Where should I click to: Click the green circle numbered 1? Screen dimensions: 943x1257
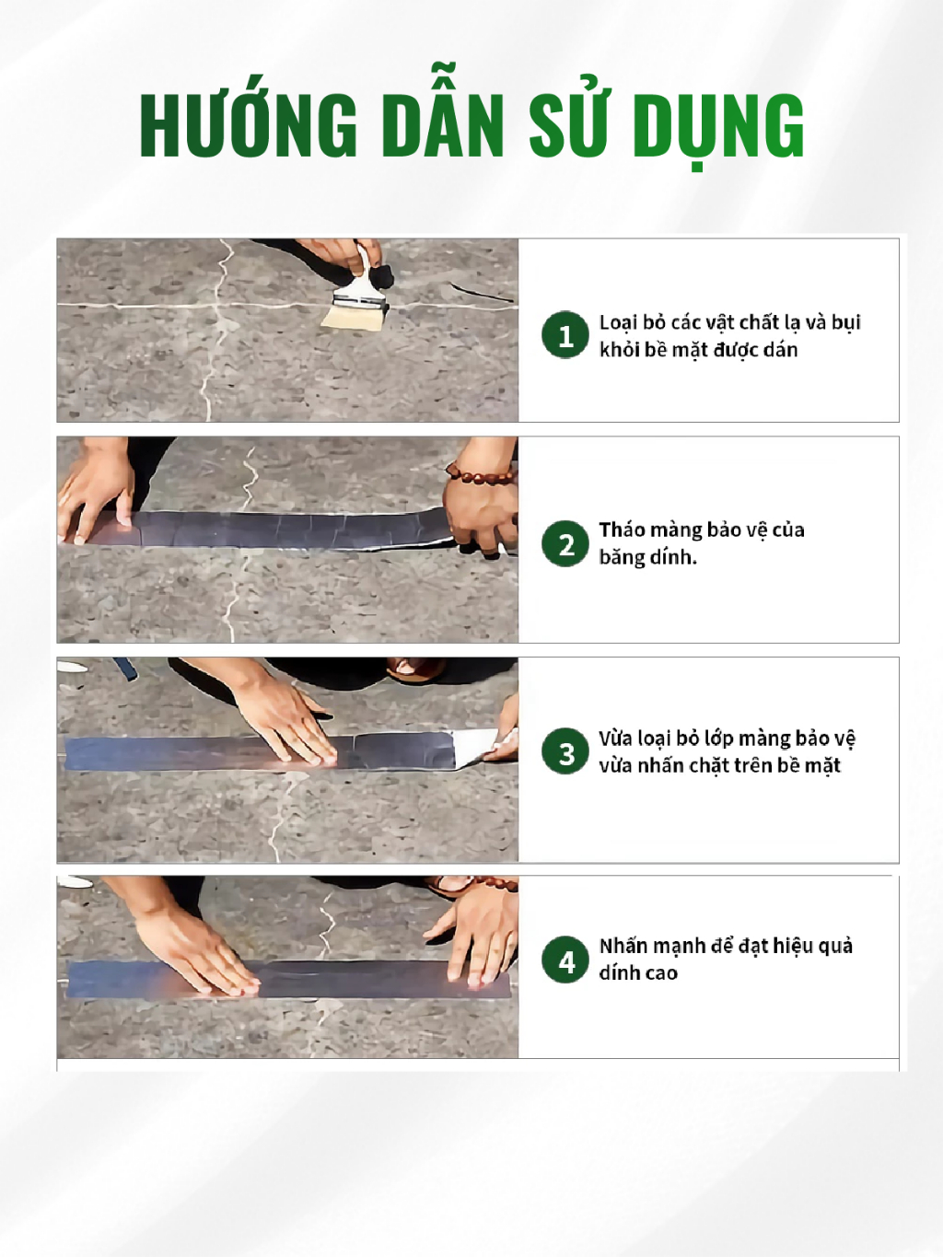coord(565,335)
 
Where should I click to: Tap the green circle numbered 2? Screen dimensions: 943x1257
coord(565,543)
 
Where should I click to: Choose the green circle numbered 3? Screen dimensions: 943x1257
coord(565,751)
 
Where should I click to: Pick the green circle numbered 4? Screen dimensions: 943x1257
coord(565,960)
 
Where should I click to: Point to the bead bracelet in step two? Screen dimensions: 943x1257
coord(480,474)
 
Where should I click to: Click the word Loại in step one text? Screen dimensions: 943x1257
coord(617,323)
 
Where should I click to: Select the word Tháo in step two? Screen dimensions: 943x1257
coord(620,530)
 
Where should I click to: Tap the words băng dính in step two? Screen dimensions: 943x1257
coord(647,556)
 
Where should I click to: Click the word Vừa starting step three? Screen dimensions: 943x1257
coord(615,739)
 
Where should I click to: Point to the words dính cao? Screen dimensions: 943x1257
coord(638,973)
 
